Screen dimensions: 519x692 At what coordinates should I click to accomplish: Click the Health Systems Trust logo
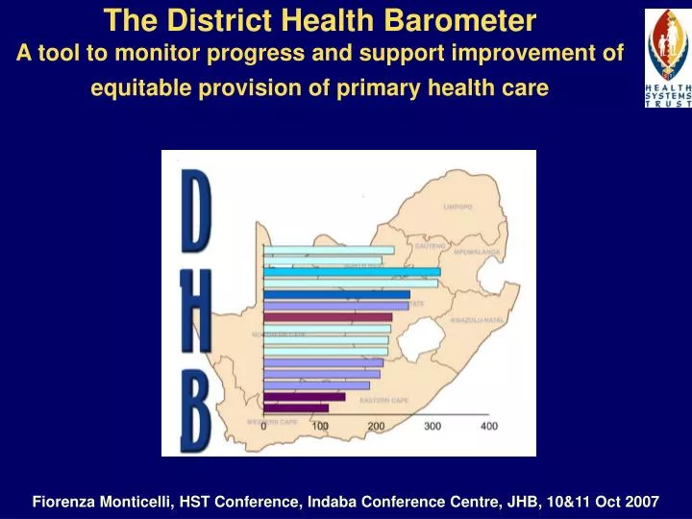tap(667, 59)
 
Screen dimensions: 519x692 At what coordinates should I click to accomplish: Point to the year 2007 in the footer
tap(641, 502)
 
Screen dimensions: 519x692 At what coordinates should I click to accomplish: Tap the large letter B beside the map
tap(196, 412)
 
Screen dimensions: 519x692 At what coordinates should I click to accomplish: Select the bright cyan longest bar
tap(352, 272)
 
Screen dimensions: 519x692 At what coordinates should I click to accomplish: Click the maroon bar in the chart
tap(328, 316)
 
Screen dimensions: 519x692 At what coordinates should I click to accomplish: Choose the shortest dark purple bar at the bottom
tap(296, 408)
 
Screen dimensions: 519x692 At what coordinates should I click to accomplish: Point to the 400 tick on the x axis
tap(489, 426)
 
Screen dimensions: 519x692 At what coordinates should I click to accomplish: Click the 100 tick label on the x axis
tap(320, 426)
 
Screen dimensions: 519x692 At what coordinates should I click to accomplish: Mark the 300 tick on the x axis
tap(432, 426)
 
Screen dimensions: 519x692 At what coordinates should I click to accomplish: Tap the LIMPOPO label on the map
tap(457, 207)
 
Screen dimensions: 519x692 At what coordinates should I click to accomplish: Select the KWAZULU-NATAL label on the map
tap(478, 319)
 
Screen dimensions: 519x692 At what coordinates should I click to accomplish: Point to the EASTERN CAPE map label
tap(384, 400)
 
